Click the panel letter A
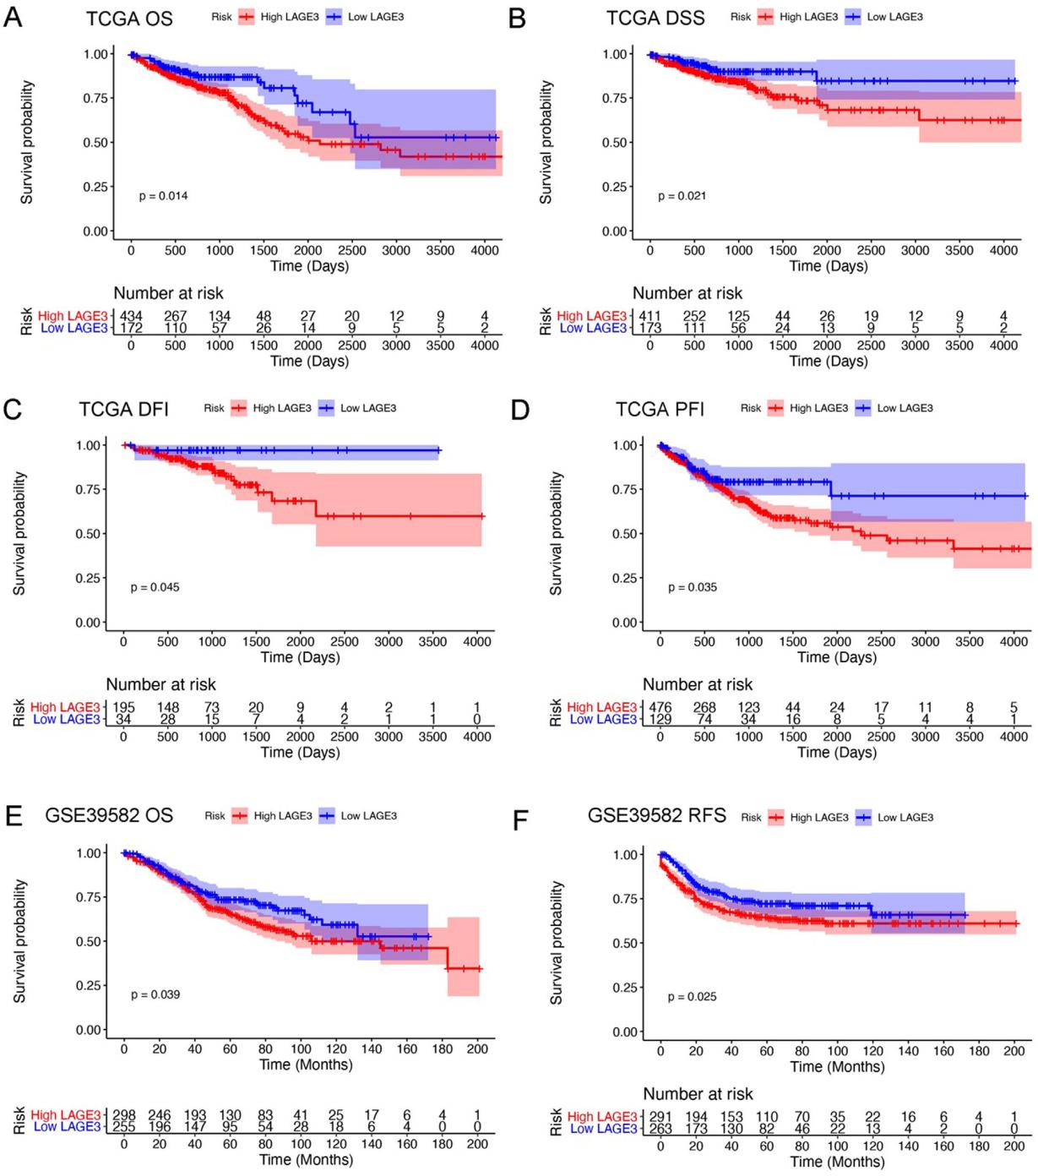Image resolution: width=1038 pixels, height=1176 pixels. (x=13, y=17)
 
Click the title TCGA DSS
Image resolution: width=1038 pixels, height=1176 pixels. (x=655, y=18)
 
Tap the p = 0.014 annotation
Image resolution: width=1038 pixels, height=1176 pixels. (x=163, y=196)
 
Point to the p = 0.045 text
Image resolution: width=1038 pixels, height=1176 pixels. (x=155, y=587)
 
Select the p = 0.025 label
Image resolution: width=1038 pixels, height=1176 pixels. (x=692, y=997)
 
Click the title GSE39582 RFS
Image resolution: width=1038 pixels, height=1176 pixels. (x=656, y=815)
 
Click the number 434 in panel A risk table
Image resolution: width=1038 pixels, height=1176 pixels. (x=132, y=316)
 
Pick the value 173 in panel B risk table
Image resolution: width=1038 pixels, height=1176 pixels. (x=650, y=328)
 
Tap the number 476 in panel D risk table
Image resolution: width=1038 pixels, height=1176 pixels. (x=660, y=707)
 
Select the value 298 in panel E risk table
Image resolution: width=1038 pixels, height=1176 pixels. (x=124, y=1115)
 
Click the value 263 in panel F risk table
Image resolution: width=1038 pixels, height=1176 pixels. (x=660, y=1129)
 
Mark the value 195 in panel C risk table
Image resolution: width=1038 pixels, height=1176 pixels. (x=123, y=707)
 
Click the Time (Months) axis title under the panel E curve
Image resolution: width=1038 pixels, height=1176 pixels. (x=306, y=1064)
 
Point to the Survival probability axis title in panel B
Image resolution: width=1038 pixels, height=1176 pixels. (x=546, y=142)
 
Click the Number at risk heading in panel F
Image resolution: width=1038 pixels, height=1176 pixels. (x=698, y=1093)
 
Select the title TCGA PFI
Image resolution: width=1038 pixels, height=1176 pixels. (x=660, y=409)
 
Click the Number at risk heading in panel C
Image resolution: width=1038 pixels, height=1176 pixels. (x=160, y=684)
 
